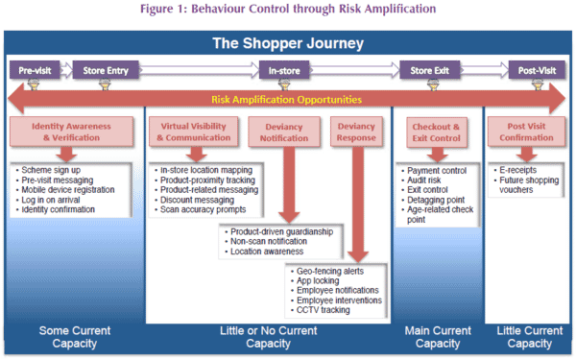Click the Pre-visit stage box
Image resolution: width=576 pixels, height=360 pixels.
click(x=35, y=70)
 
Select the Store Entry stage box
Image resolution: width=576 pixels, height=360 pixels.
click(x=106, y=70)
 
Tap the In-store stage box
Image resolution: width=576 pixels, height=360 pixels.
click(x=284, y=70)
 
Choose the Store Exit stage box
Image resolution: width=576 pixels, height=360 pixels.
click(x=429, y=70)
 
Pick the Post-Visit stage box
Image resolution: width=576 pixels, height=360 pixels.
click(x=537, y=70)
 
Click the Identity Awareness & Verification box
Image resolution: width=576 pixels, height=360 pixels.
click(x=71, y=132)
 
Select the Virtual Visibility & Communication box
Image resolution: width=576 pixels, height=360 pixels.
click(x=194, y=132)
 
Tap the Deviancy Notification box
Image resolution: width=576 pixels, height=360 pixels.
click(x=284, y=132)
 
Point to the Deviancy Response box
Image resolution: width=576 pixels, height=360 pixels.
click(x=356, y=132)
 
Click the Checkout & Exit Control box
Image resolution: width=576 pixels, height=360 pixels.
click(x=437, y=132)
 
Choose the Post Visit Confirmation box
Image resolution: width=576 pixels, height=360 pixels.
click(x=526, y=132)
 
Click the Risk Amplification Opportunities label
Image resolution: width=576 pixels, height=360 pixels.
click(x=286, y=100)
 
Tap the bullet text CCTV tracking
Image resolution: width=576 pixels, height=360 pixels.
click(x=324, y=310)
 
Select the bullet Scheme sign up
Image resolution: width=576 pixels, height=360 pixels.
click(x=51, y=170)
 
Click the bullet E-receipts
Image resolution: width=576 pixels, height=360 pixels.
click(x=518, y=170)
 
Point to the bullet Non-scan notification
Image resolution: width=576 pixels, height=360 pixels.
click(x=269, y=241)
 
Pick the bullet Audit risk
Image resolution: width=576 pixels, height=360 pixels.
click(x=424, y=180)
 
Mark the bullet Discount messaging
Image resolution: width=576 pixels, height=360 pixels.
click(x=197, y=200)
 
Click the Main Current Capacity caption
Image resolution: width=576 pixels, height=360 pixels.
click(x=438, y=337)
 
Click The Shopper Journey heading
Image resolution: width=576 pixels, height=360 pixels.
click(x=288, y=43)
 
